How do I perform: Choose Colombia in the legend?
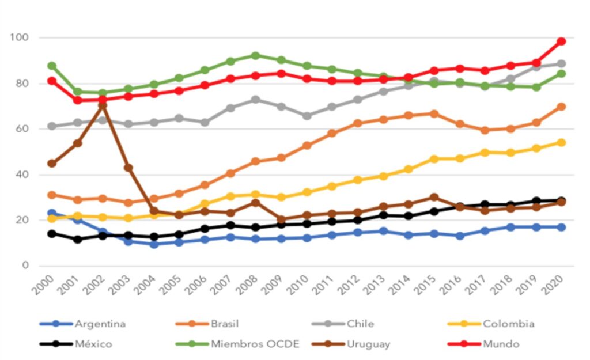[x=508, y=324]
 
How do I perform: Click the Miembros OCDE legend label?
[x=254, y=344]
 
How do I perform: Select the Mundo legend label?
[x=501, y=344]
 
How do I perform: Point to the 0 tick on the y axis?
[x=25, y=266]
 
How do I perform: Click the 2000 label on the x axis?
[x=42, y=283]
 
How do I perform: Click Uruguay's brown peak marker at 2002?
[x=103, y=105]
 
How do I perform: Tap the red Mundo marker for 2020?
[x=561, y=41]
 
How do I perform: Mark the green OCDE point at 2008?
[x=256, y=56]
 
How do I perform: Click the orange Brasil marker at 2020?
[x=561, y=107]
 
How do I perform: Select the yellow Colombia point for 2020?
[x=561, y=142]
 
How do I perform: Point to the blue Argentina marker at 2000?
[x=52, y=213]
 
